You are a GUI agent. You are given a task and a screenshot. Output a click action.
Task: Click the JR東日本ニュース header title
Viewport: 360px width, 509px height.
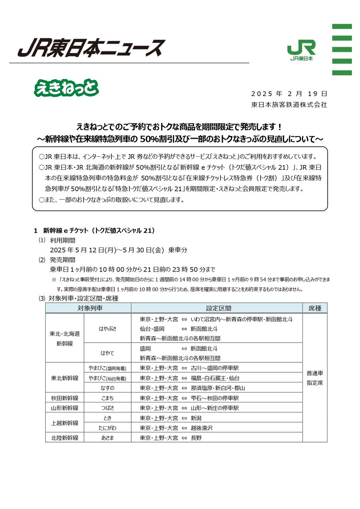coord(91,48)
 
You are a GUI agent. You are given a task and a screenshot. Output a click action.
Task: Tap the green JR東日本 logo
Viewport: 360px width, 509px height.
coord(301,50)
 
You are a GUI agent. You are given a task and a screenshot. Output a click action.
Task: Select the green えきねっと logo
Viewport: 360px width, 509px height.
coord(66,88)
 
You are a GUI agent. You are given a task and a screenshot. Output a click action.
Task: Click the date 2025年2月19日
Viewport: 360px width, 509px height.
coord(289,94)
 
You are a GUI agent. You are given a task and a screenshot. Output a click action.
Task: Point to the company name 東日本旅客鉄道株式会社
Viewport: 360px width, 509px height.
coord(289,105)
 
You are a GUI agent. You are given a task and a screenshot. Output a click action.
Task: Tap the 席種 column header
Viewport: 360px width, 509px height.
coord(315,308)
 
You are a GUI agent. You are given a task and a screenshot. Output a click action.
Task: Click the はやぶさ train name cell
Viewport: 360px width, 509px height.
coord(107,328)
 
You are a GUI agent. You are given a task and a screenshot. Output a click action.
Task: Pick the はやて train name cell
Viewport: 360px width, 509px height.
coord(107,353)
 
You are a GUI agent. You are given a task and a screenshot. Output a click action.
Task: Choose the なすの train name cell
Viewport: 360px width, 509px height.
coord(107,388)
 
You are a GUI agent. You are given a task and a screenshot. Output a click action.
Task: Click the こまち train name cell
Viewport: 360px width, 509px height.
coord(107,398)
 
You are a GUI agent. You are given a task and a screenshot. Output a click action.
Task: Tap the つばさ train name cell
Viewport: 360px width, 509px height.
coord(107,408)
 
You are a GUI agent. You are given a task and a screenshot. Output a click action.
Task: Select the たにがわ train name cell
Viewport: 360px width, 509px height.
coord(107,428)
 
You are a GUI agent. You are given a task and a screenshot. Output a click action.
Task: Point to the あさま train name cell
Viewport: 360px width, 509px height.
coord(107,438)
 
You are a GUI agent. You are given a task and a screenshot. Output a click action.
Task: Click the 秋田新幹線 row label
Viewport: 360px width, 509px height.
coord(65,398)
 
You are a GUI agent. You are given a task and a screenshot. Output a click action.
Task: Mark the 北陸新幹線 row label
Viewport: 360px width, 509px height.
coord(65,438)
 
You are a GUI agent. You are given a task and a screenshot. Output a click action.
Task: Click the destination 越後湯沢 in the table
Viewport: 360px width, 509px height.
coord(202,428)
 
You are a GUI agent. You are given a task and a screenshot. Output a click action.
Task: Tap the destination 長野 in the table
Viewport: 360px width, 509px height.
coord(197,438)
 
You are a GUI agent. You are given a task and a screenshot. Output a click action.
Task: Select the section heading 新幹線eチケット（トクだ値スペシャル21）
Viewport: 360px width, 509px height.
coord(99,230)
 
